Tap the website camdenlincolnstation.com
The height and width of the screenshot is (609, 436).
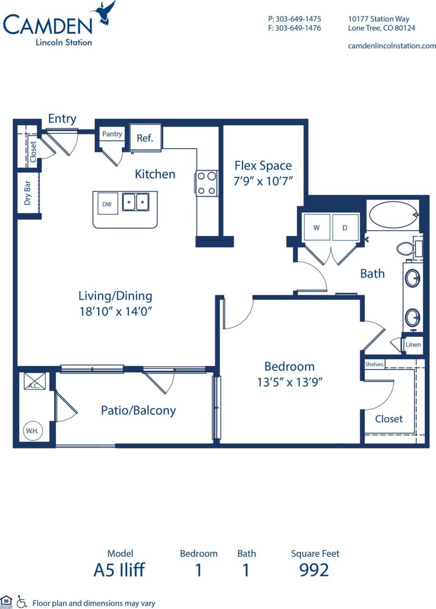(x=392, y=46)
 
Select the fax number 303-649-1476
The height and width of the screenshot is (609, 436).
(x=295, y=28)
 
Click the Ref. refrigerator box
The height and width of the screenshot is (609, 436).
(x=145, y=138)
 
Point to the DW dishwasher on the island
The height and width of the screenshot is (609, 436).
(x=107, y=204)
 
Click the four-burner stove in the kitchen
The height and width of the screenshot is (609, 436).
(x=207, y=183)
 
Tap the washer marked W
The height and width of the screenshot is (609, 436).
(x=317, y=228)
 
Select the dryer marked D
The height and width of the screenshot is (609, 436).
(x=345, y=228)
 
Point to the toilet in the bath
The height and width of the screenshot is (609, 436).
(x=406, y=248)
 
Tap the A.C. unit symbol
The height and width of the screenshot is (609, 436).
(x=34, y=381)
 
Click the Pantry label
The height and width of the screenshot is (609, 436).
(x=112, y=134)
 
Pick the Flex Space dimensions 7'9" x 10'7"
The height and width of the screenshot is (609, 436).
(x=263, y=181)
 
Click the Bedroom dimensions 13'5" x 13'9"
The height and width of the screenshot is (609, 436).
(x=289, y=382)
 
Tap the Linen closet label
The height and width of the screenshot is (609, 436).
(x=413, y=344)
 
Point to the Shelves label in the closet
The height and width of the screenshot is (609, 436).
(x=374, y=364)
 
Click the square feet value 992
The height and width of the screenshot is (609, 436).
(x=314, y=569)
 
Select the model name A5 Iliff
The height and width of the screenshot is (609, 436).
(x=119, y=569)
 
